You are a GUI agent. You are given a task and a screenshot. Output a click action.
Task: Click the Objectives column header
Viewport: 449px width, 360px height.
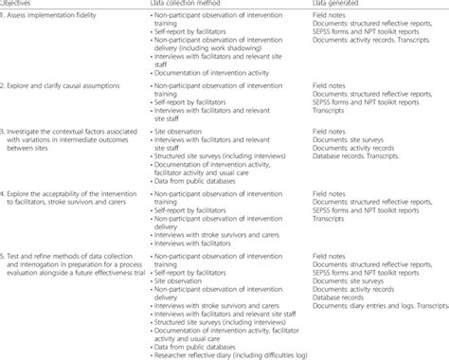tap(19, 4)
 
